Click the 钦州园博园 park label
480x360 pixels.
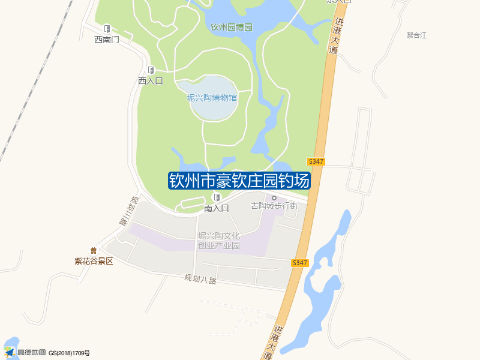coord(232,28)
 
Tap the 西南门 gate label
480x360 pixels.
coord(107,40)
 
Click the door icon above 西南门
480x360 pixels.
coord(107,28)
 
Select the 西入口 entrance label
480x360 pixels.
coord(151,80)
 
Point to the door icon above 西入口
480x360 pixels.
coord(151,70)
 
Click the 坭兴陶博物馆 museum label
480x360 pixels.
coord(212,98)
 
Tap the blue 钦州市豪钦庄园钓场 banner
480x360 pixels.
coord(239,181)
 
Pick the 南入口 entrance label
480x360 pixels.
coord(217,208)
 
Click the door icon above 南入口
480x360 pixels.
coord(217,197)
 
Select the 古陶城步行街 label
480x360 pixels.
coord(274,206)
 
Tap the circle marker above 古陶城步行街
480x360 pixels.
coord(274,197)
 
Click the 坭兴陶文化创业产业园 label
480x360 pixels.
coord(219,241)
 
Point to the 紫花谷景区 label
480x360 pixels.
coord(94,261)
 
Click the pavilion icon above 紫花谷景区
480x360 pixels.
coord(93,251)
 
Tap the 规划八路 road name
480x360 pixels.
coord(200,279)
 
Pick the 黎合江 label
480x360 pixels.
coord(416,35)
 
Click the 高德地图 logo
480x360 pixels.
coord(25,352)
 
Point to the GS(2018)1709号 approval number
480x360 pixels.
coord(69,353)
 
